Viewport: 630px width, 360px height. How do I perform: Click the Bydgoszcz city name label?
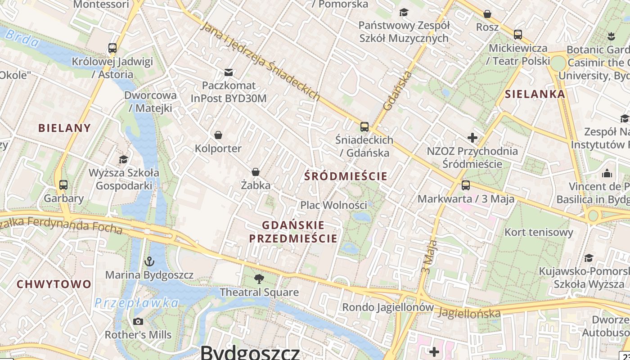tap(250, 352)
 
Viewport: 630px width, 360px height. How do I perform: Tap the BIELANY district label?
tap(64, 128)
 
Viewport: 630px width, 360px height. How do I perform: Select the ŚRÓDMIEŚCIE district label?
tap(346, 176)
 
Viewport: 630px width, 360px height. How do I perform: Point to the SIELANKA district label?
tap(535, 94)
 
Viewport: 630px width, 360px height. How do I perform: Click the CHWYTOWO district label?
tap(54, 284)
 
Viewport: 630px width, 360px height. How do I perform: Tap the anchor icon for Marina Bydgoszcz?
tap(148, 261)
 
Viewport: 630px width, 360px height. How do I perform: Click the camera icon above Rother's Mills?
tap(138, 321)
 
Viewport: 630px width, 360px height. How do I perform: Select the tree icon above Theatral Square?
tap(259, 279)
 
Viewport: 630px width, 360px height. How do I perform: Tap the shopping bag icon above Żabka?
tap(255, 171)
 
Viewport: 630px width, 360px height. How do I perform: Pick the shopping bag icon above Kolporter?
tap(218, 135)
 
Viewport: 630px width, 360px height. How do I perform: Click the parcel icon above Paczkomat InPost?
tap(229, 72)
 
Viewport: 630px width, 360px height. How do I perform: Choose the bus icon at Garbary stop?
tap(63, 184)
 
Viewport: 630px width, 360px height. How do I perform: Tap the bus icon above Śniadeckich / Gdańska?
tap(364, 126)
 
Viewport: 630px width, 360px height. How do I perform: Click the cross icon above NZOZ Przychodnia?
tap(472, 137)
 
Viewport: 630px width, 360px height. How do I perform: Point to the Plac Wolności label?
tap(333, 205)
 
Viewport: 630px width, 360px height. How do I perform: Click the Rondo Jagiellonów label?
tap(388, 307)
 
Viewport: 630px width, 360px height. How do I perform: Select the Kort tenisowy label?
tap(539, 232)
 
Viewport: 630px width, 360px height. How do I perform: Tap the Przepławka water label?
tap(136, 303)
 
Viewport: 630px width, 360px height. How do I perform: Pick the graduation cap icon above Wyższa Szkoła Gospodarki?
tap(123, 159)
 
